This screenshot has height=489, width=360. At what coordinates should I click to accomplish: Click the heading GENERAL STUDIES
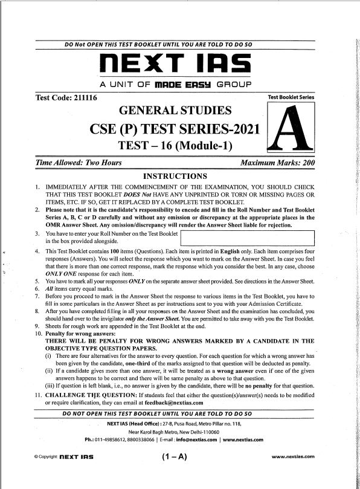click(x=176, y=111)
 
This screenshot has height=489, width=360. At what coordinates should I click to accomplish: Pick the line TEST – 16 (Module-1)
click(x=175, y=146)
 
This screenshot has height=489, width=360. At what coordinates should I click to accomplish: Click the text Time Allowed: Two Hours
click(x=79, y=163)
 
